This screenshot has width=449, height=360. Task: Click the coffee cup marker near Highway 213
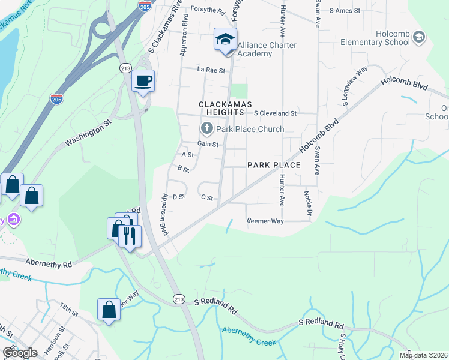pyautogui.click(x=143, y=80)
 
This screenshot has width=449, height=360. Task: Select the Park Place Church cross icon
pyautogui.click(x=206, y=128)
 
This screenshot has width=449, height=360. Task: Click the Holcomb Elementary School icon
pyautogui.click(x=418, y=38)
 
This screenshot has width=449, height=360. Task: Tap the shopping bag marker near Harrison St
pyautogui.click(x=109, y=310)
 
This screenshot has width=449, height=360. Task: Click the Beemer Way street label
pyautogui.click(x=264, y=221)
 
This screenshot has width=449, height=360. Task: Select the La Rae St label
pyautogui.click(x=211, y=70)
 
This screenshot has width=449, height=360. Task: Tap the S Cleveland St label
pyautogui.click(x=275, y=113)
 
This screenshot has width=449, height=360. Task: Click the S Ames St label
pyautogui.click(x=340, y=11)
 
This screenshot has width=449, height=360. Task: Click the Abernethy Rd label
pyautogui.click(x=49, y=263)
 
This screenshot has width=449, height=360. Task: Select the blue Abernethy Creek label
pyautogui.click(x=249, y=336)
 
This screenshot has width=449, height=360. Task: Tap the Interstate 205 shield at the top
pyautogui.click(x=144, y=5)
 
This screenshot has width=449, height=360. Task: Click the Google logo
pyautogui.click(x=20, y=353)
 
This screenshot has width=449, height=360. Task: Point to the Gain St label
pyautogui.click(x=207, y=144)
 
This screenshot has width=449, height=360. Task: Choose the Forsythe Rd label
pyautogui.click(x=208, y=11)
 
